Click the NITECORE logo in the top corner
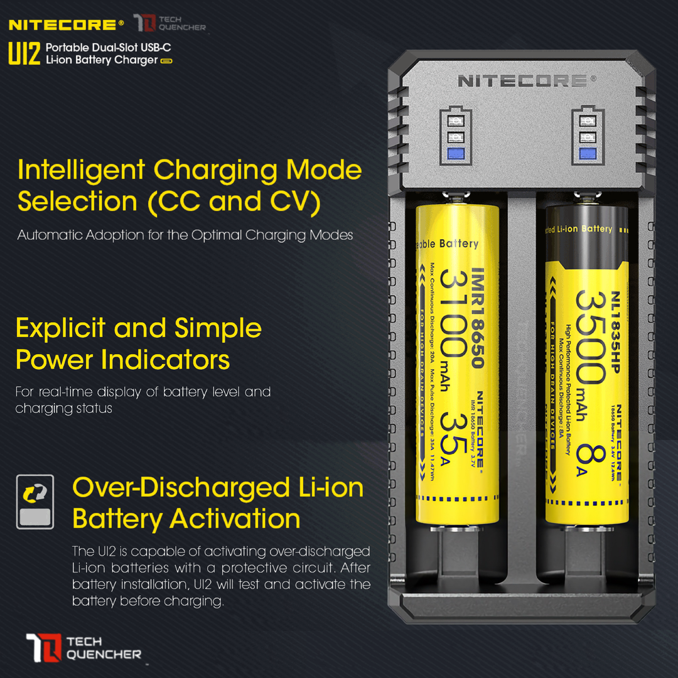tap(62, 25)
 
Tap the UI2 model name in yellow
tap(24, 55)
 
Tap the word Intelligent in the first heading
tap(81, 170)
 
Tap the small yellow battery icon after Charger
tap(166, 61)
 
